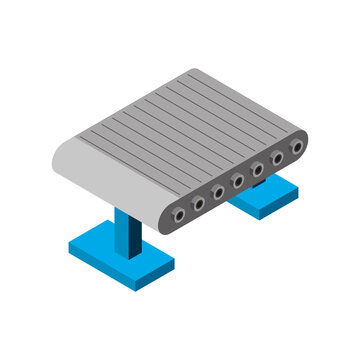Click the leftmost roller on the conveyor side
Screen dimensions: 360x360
point(178,214)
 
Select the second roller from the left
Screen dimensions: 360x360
point(198,203)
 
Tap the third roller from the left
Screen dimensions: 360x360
point(218,192)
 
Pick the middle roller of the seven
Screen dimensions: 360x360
point(238,181)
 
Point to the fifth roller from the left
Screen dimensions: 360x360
point(258,170)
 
